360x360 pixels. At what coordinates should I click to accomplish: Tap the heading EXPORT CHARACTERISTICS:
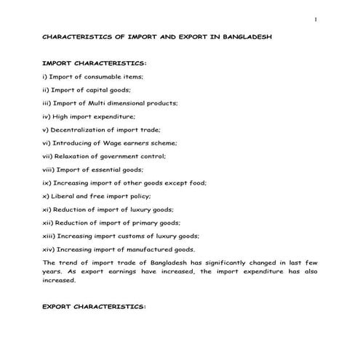click(x=95, y=307)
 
